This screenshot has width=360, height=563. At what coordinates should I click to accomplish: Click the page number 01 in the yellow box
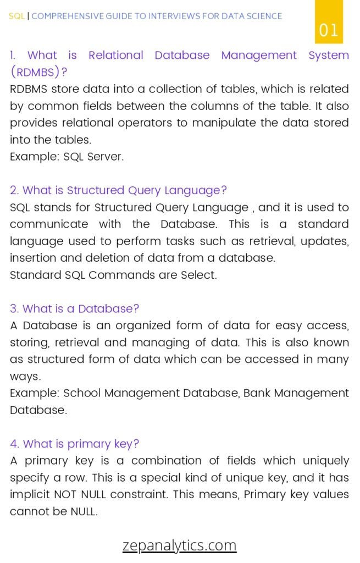click(329, 30)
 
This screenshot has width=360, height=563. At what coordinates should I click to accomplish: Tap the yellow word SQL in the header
click(17, 16)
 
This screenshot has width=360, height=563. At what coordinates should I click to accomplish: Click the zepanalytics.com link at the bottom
click(179, 545)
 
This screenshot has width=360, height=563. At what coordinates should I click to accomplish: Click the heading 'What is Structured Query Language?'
click(118, 190)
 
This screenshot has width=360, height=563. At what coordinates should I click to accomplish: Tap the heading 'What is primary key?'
click(74, 444)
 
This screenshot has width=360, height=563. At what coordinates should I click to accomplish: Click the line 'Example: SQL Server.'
click(67, 157)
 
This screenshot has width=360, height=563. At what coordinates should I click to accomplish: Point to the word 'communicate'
click(49, 224)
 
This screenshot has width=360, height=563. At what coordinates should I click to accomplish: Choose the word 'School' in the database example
click(82, 393)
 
